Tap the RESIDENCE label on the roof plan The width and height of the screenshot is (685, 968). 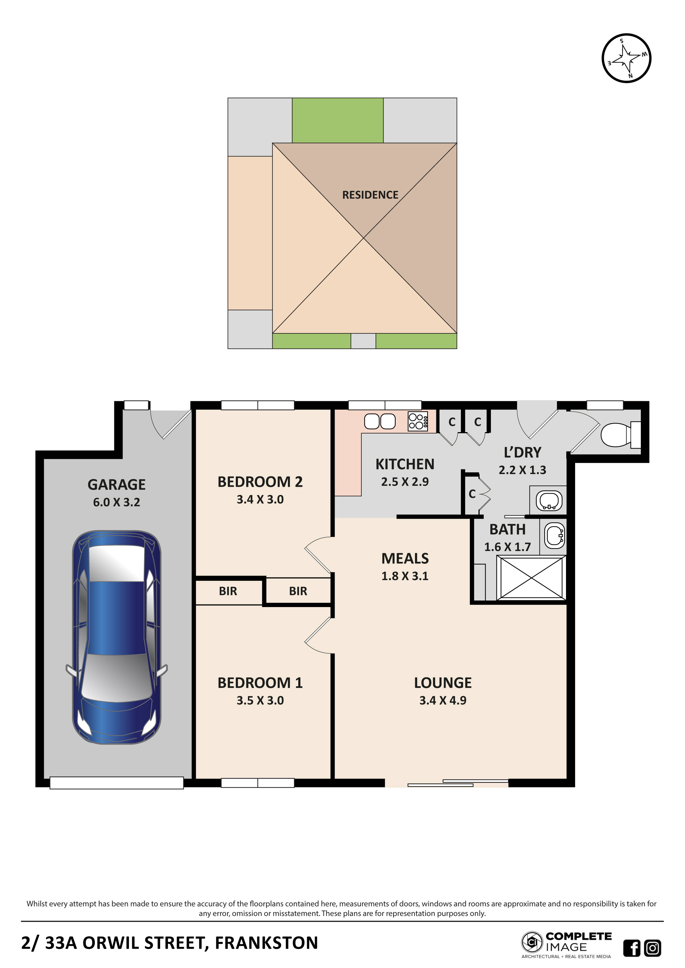(x=370, y=195)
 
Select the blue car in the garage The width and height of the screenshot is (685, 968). (x=117, y=637)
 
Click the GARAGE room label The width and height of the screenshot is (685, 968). (x=117, y=485)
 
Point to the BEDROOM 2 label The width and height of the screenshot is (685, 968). (x=260, y=482)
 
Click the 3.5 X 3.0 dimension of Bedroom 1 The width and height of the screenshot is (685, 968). (x=260, y=700)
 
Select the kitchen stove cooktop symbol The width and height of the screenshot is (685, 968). (x=417, y=421)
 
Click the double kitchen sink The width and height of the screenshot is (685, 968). (x=380, y=421)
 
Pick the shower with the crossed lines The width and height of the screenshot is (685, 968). (x=531, y=578)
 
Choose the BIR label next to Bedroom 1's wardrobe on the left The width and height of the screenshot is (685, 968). (x=228, y=591)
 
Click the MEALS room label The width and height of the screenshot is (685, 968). (x=405, y=558)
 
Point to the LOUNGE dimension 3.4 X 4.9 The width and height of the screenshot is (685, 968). (x=443, y=700)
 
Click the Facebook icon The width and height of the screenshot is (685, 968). (x=631, y=948)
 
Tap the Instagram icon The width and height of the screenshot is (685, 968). (x=652, y=948)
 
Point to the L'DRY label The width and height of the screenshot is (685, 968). (x=522, y=452)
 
